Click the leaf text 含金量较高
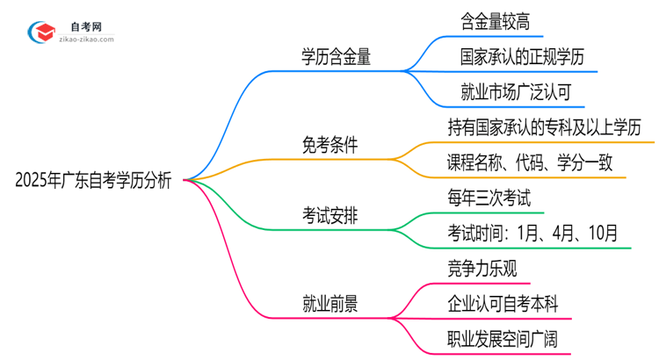tap(496, 18)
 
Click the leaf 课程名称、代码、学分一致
tap(534, 162)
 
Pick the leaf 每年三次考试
tap(489, 198)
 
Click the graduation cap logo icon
tap(42, 32)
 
